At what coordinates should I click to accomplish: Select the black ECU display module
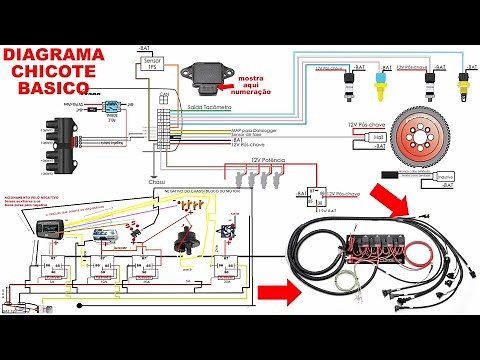pos(44,229)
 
